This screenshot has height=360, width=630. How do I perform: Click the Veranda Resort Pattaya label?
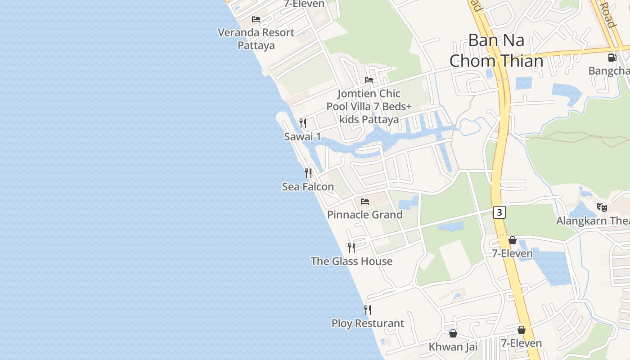(256, 39)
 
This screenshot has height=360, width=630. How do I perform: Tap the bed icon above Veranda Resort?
(256, 19)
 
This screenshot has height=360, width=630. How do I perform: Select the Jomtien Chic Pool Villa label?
(369, 106)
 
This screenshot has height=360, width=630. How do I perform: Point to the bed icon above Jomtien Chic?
(369, 80)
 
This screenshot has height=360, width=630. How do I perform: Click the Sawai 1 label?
(302, 136)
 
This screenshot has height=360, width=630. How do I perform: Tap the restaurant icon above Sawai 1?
(303, 123)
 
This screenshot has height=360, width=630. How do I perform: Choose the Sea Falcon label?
(308, 186)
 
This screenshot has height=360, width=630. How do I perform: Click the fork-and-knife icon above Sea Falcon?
(308, 173)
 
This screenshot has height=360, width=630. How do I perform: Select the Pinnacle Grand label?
(364, 215)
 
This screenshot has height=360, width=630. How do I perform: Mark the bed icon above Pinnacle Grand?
(365, 201)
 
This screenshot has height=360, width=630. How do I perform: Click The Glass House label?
(351, 261)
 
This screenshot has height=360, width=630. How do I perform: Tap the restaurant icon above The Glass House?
(351, 247)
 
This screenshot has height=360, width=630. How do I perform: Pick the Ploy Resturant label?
(368, 323)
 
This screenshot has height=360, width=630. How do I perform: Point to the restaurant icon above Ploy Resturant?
(368, 310)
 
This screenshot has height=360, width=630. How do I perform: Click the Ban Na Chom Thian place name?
(496, 50)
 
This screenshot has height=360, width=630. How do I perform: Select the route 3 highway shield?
(499, 212)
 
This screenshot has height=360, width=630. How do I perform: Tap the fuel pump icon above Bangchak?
(612, 57)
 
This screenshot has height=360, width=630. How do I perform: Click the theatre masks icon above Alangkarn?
(602, 207)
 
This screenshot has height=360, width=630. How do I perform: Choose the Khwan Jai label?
(453, 346)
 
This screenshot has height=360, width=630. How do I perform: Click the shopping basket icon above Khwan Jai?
(453, 333)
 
